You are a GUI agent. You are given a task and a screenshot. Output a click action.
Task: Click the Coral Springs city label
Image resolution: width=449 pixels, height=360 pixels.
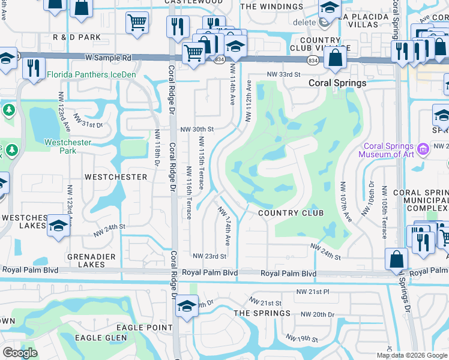tap(337, 83)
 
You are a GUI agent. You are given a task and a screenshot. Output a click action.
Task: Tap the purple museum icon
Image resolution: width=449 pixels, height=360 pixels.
tap(423, 148)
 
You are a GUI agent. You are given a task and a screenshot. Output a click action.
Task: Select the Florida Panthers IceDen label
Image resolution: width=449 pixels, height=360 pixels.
tap(91, 75)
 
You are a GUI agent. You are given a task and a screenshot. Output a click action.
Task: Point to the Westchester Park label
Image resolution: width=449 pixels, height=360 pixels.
tap(68, 146)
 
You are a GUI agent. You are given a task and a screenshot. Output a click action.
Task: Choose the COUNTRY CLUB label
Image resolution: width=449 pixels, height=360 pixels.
tap(291, 213)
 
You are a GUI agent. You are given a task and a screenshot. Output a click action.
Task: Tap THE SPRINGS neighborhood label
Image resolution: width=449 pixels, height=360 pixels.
tap(262, 313)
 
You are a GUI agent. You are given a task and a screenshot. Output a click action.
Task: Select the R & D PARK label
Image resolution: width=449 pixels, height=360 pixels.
tap(77, 38)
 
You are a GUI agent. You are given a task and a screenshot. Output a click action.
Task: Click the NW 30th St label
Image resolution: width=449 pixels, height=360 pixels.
tap(197, 129)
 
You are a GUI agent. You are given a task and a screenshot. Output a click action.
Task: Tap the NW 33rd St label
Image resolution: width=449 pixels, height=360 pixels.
tap(283, 74)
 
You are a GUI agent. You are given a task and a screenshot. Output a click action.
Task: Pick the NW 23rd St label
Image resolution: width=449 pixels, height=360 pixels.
tap(209, 256)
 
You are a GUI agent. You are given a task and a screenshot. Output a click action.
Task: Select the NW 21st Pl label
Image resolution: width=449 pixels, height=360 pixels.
tap(313, 292)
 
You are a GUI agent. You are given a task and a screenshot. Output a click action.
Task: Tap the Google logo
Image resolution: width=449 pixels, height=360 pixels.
tap(20, 353)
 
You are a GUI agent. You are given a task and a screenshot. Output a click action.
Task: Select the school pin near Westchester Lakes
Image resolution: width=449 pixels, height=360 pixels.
tap(58, 226)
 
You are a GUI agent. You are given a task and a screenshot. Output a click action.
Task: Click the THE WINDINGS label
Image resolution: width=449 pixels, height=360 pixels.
tap(272, 7)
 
